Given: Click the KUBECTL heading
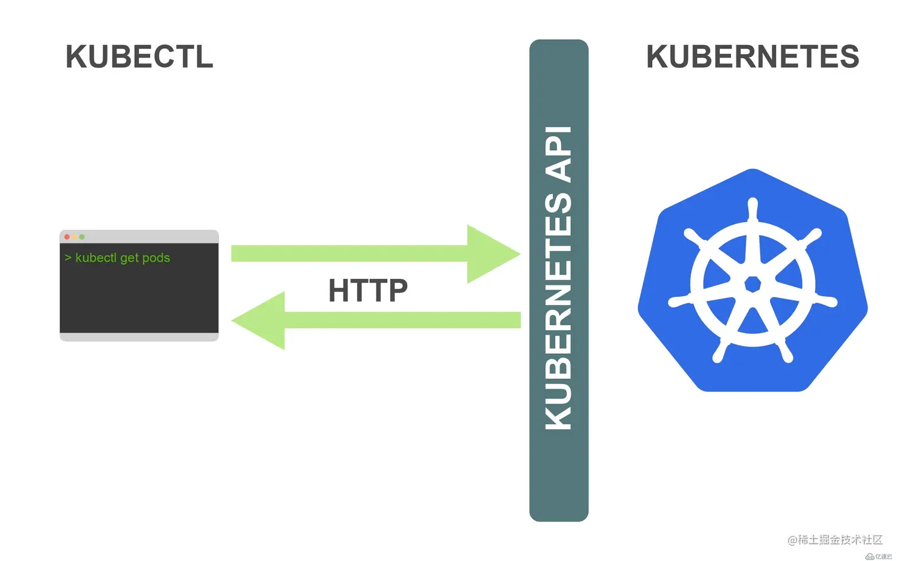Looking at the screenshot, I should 139,57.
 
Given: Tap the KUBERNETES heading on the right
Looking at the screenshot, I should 752,57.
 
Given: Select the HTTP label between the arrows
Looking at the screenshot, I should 368,290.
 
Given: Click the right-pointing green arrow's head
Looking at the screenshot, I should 493,254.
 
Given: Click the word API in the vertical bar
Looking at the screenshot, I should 559,154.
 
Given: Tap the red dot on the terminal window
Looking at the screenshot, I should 67,237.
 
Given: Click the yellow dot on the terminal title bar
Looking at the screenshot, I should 75,237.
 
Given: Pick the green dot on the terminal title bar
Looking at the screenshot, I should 82,237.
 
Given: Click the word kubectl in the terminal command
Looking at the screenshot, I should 96,258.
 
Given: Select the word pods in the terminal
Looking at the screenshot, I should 156,258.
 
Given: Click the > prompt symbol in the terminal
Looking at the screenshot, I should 68,258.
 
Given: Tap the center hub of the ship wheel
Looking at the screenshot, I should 752,284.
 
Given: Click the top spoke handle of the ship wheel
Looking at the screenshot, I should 753,208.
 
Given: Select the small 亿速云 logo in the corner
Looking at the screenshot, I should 880,556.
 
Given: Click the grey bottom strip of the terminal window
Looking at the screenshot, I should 139,337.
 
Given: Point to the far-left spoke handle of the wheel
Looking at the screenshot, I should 678,302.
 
